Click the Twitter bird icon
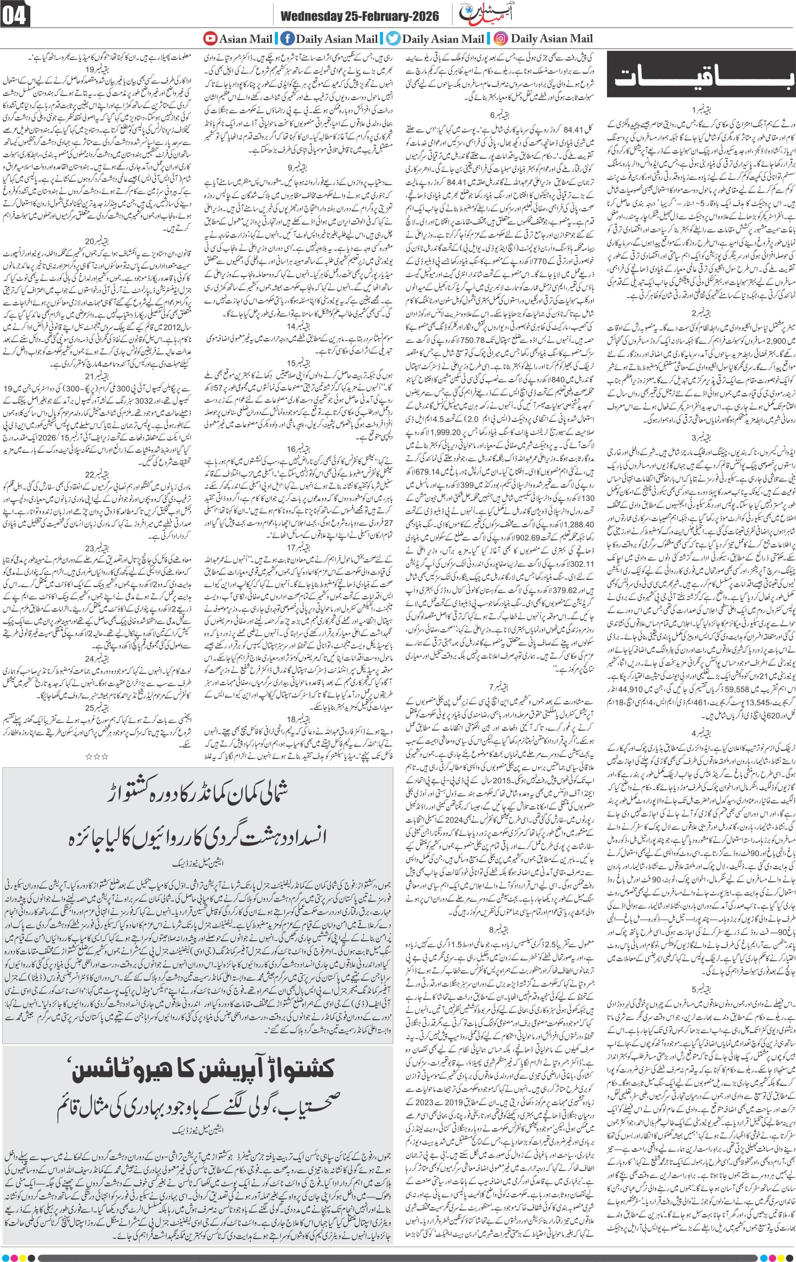point(393,38)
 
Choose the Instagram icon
point(501,38)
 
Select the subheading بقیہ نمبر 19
point(99,69)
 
